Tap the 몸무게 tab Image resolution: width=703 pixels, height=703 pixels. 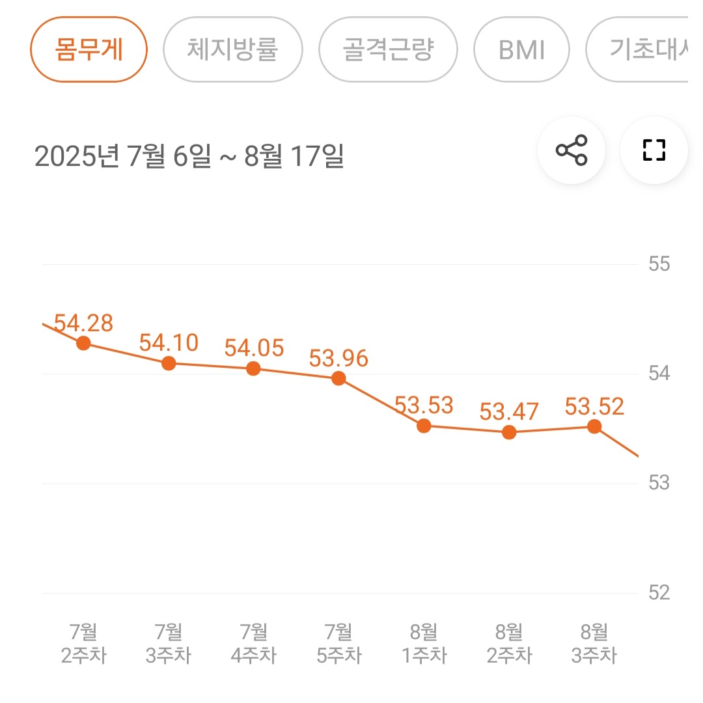click(89, 50)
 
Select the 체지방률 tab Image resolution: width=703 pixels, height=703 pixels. click(232, 50)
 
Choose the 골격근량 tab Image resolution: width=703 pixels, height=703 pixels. click(388, 50)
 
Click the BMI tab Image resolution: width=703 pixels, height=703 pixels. click(521, 50)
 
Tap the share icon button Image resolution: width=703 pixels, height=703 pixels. click(572, 150)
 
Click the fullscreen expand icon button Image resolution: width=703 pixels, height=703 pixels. click(654, 150)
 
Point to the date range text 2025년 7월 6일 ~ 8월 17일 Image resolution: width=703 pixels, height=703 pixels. click(189, 157)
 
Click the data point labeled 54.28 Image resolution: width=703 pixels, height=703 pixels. click(83, 343)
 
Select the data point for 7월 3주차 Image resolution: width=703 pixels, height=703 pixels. click(169, 363)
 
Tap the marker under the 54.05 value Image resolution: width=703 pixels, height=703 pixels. click(254, 369)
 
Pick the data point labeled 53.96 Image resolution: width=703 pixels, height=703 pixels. click(338, 378)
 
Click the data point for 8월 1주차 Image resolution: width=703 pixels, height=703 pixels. click(424, 426)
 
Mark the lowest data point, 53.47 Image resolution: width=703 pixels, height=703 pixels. click(509, 432)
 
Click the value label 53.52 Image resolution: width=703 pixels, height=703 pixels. click(594, 407)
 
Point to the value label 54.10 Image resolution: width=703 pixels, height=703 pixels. click(169, 342)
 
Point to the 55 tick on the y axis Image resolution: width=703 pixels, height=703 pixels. click(659, 264)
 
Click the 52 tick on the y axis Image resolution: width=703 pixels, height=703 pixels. click(659, 592)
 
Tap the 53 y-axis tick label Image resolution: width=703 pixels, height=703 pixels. click(659, 483)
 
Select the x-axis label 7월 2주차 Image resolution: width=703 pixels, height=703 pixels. click(83, 643)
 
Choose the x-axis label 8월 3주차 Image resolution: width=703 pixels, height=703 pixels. click(594, 643)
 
